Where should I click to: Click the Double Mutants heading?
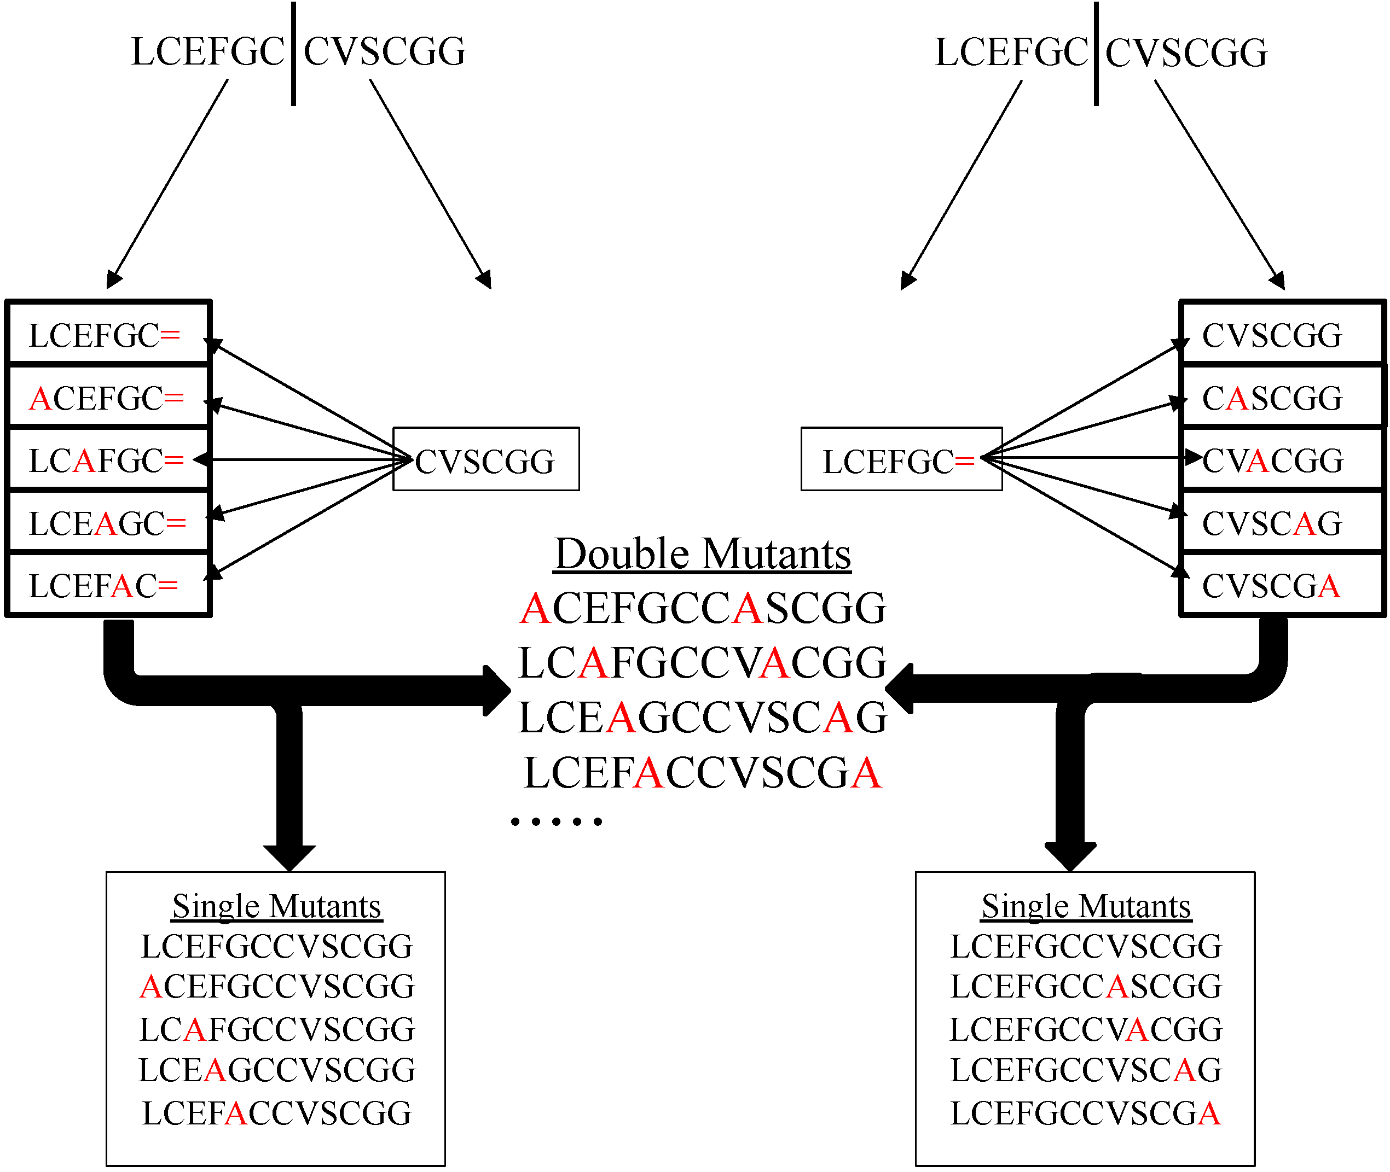click(702, 555)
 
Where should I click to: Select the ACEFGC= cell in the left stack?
click(106, 399)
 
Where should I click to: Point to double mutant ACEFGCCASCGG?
click(702, 608)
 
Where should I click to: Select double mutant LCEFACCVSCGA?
click(702, 773)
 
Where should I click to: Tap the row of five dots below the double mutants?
click(557, 822)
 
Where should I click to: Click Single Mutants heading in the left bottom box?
click(276, 906)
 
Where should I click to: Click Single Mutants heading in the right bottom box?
click(1086, 906)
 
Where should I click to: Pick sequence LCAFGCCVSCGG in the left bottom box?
click(276, 1029)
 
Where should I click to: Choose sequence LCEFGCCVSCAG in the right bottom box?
click(1086, 1070)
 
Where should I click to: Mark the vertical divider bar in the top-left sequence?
click(293, 53)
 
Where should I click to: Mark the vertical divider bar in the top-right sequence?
click(1096, 53)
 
